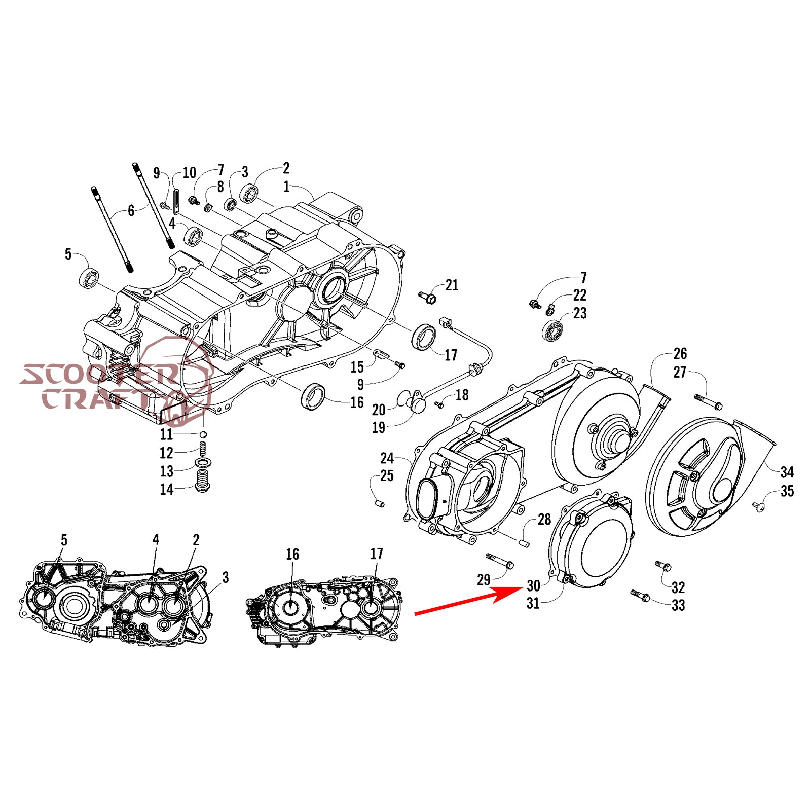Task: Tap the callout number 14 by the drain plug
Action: coord(167,489)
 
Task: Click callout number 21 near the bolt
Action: coord(452,285)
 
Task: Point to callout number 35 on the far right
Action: coord(787,491)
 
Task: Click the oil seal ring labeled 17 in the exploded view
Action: coord(423,336)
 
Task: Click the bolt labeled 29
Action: coord(500,561)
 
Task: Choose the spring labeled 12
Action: coord(203,448)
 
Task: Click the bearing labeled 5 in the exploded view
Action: coord(89,279)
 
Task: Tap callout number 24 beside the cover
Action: coord(387,458)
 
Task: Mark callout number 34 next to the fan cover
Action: coord(787,472)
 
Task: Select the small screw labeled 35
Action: coord(758,506)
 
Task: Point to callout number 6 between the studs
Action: coord(131,210)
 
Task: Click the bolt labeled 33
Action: coord(640,596)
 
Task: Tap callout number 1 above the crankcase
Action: coord(286,187)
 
